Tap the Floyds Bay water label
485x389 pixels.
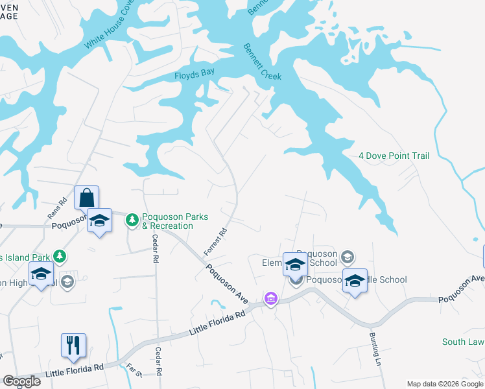(194, 75)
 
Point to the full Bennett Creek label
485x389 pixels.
(262, 62)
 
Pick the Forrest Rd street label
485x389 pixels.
(215, 241)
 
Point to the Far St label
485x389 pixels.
(134, 371)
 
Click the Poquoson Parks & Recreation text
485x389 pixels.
(176, 221)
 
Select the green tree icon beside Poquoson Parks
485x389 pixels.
(132, 220)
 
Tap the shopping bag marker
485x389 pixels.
(86, 197)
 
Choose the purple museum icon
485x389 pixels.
(270, 298)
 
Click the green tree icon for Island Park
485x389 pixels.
(60, 256)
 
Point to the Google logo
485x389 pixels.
(21, 381)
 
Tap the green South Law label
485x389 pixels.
(463, 342)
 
